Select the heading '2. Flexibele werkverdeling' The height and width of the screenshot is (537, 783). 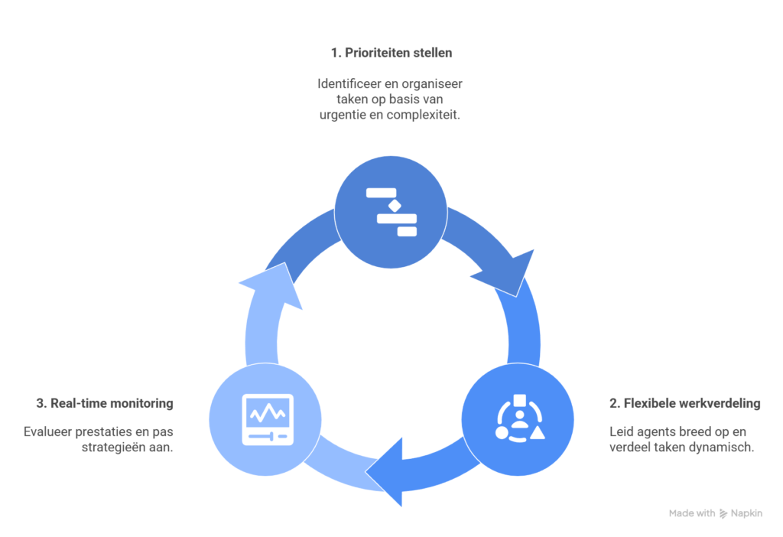(684, 403)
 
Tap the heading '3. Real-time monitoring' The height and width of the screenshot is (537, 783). (104, 403)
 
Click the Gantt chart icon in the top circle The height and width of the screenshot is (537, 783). (391, 211)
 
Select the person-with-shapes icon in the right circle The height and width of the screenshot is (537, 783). (518, 418)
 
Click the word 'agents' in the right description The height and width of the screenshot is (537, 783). (657, 431)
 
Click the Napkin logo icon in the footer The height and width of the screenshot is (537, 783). (723, 514)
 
